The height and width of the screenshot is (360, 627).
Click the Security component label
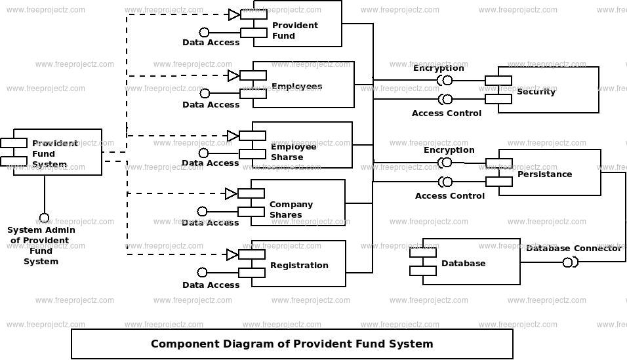tap(536, 92)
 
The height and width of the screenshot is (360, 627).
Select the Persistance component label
tap(544, 174)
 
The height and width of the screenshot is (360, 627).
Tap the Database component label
tap(463, 263)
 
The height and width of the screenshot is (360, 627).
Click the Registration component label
tap(299, 265)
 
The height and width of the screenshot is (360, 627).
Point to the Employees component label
tap(296, 87)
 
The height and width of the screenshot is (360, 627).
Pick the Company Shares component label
tap(291, 209)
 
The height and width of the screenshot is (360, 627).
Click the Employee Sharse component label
tap(294, 151)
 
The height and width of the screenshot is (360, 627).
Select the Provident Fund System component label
tap(55, 153)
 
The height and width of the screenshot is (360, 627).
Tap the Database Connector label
tap(573, 248)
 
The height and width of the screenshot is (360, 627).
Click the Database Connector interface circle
tap(567, 262)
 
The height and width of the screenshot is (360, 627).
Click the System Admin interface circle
tap(44, 218)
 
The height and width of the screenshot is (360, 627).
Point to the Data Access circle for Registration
tap(203, 272)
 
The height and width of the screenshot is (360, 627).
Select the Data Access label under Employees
tap(211, 104)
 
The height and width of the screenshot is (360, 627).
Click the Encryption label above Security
tap(438, 68)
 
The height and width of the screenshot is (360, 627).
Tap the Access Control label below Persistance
tap(449, 195)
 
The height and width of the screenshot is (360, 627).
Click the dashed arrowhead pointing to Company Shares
tap(231, 193)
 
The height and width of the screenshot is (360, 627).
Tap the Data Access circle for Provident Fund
tap(205, 32)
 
